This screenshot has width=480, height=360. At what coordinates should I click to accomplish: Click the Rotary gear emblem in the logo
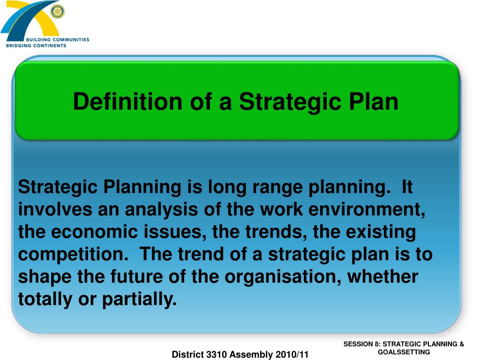(58, 12)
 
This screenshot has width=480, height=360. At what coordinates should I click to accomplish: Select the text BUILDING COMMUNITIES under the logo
(60, 40)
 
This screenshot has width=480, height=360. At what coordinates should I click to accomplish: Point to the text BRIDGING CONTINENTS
(36, 45)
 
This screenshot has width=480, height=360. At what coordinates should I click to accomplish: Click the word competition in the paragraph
(72, 255)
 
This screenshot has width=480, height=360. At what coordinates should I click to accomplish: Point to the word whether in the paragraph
(383, 277)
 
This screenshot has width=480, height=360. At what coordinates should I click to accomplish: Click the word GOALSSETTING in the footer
(404, 352)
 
